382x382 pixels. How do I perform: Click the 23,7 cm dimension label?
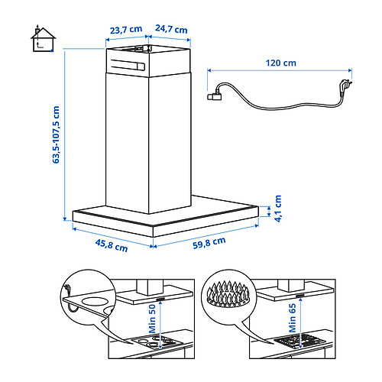(126, 30)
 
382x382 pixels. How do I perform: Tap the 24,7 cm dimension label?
(171, 29)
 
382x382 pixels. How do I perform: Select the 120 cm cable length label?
(281, 63)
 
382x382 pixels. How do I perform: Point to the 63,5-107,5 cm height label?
(56, 134)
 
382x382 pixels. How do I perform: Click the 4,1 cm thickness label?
(278, 209)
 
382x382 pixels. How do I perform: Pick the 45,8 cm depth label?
(112, 245)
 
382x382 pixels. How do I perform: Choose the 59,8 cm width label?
(209, 243)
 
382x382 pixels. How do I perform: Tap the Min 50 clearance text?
(152, 319)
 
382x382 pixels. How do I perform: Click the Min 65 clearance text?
(293, 318)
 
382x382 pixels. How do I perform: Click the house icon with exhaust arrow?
(43, 39)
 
